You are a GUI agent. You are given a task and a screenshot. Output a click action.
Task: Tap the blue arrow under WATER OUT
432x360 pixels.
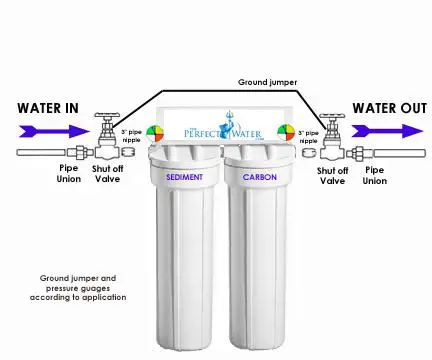385,129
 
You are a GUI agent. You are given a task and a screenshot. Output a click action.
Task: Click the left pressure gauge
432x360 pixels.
155,133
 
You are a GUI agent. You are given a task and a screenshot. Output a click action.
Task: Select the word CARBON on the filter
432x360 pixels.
258,177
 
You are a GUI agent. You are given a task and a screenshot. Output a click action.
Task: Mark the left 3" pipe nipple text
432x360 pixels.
131,134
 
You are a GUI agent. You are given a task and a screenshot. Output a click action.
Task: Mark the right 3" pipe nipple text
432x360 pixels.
310,134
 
